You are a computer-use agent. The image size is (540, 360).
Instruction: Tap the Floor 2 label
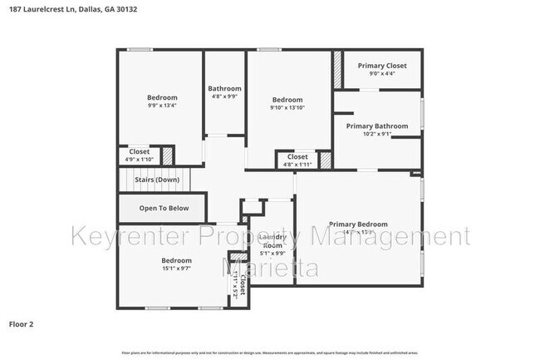tap(21, 323)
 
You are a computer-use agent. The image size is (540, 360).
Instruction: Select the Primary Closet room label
tap(382, 66)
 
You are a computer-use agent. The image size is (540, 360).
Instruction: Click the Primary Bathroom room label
tap(379, 126)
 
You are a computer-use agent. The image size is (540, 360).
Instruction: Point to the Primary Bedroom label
tap(358, 224)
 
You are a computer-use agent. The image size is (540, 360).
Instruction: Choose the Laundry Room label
tap(274, 241)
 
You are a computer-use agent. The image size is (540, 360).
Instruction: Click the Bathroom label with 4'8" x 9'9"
tap(224, 89)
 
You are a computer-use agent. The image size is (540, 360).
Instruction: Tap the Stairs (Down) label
tap(157, 180)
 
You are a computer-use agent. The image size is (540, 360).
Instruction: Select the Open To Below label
tap(164, 208)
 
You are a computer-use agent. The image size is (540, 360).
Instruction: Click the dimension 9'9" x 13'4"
tap(162, 106)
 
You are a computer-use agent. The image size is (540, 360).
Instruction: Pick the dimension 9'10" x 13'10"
tap(287, 108)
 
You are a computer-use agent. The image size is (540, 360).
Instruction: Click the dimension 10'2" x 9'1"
tap(379, 134)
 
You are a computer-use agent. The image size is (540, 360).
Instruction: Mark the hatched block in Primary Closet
tap(338, 69)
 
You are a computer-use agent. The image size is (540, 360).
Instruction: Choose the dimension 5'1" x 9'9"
tap(274, 254)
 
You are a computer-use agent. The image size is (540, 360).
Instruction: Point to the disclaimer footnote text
tap(271, 353)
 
